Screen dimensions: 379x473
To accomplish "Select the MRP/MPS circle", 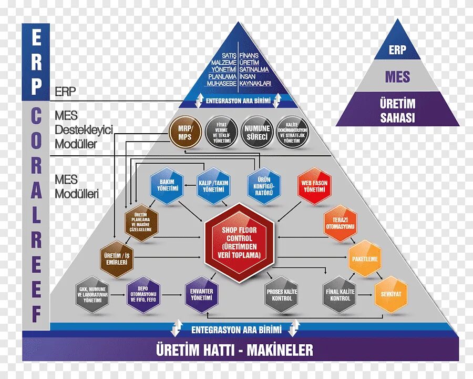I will pos(186,131).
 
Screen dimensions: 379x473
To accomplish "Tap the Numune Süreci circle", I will pos(256,131).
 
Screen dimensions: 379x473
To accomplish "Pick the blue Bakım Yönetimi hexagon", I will pos(166,185).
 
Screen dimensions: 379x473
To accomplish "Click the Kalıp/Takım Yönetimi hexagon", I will pos(213,185).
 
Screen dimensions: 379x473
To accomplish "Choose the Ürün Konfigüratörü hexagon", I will pos(263,185).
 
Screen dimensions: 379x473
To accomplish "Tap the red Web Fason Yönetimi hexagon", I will pos(314,185).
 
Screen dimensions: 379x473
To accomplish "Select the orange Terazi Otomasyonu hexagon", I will pos(341,223).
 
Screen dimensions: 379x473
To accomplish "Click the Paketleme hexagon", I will pos(365,258).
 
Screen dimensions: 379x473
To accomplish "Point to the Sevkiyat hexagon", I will pos(390,294).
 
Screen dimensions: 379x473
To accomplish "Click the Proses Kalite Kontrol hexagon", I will pos(282,294).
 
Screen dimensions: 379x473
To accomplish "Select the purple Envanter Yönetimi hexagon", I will pos(202,294).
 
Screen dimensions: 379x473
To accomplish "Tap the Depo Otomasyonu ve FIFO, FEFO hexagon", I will pos(143,294).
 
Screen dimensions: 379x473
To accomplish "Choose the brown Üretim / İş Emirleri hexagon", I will pos(116,258).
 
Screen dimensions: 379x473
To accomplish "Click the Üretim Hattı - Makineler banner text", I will pos(234,350).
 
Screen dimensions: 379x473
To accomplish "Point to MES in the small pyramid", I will pos(397,77).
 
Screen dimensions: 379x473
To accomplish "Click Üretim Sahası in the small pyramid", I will pos(397,110).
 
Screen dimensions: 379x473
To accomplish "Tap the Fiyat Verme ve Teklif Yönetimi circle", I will pos(222,131).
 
